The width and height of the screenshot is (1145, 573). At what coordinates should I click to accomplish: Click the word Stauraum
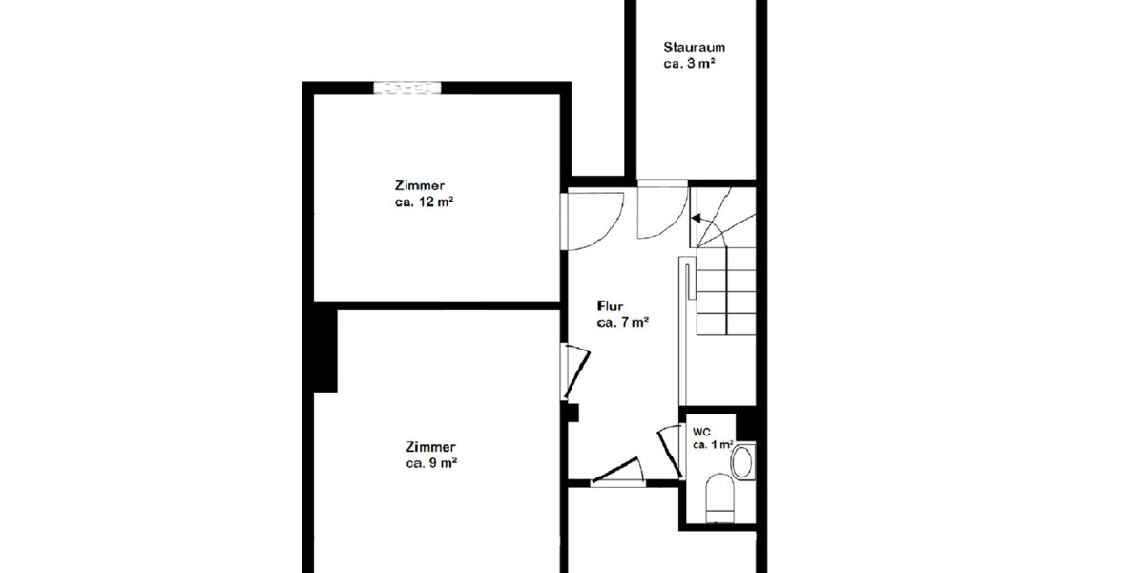694,46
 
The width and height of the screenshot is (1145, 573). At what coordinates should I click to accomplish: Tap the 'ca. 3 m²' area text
690,64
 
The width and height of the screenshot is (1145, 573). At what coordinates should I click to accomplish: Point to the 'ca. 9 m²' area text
430,463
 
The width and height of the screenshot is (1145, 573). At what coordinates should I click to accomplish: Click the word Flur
611,307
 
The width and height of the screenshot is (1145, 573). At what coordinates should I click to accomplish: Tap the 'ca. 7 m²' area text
623,323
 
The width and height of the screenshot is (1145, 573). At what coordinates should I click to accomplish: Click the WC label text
701,431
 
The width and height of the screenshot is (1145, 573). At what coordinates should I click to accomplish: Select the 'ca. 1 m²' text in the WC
712,445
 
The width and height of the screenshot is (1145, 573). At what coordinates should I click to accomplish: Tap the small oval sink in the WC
741,464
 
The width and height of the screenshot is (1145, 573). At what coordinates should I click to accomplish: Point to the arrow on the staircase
704,219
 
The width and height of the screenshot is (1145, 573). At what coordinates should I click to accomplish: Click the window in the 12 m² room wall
407,88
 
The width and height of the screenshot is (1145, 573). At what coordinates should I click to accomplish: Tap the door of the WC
669,451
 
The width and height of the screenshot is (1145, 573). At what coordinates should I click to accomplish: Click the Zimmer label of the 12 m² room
420,185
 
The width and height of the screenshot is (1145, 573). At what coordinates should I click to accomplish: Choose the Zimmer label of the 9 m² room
430,446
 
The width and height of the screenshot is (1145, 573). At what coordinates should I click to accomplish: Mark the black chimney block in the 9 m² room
325,350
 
